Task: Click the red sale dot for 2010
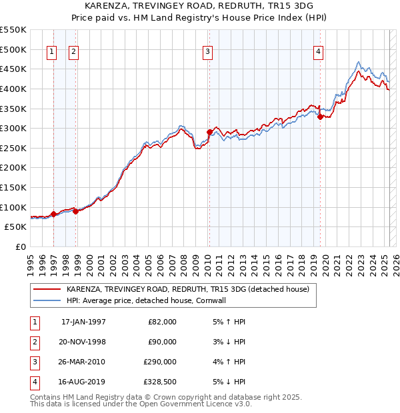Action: [x=209, y=132]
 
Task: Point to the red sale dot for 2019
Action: [x=320, y=117]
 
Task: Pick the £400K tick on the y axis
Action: [x=13, y=89]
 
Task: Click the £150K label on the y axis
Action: [x=13, y=187]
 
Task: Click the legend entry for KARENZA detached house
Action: [x=187, y=290]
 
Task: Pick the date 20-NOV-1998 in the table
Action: [x=83, y=342]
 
